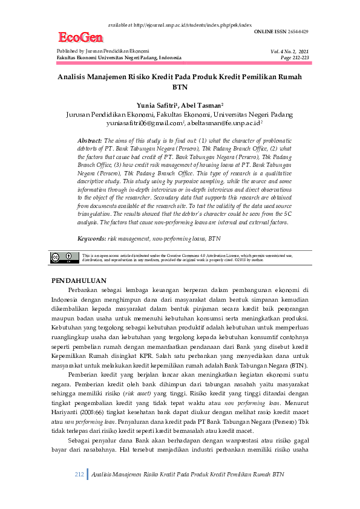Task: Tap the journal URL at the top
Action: tap(180, 25)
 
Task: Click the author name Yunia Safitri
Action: tap(159, 105)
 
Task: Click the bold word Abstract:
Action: tap(91, 139)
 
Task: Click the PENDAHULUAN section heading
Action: tap(79, 281)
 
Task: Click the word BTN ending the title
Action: tap(180, 86)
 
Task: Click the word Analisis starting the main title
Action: tap(74, 77)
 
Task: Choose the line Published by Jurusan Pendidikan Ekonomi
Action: tap(103, 51)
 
